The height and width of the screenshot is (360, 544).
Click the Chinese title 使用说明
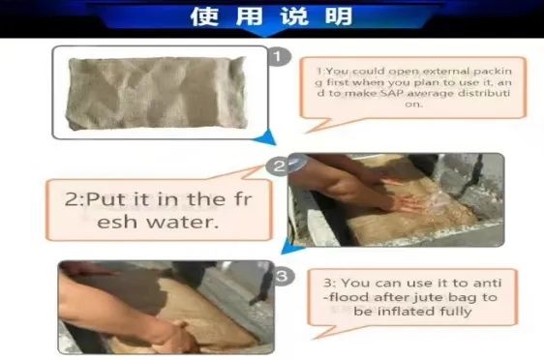pyautogui.click(x=272, y=16)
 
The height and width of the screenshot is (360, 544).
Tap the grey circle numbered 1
pyautogui.click(x=279, y=56)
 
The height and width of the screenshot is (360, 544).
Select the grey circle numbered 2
pyautogui.click(x=279, y=166)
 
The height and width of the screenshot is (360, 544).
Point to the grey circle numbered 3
pyautogui.click(x=281, y=277)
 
